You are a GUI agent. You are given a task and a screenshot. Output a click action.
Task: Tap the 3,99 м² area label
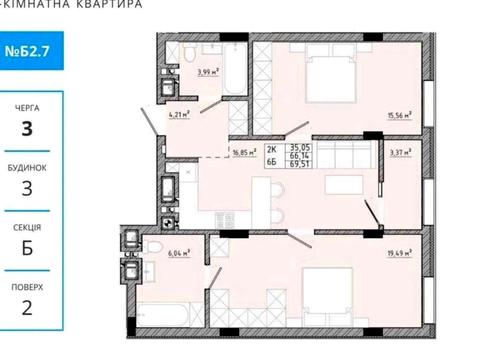pyautogui.click(x=207, y=72)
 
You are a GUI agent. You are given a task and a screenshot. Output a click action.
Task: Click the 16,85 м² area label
pyautogui.click(x=244, y=155)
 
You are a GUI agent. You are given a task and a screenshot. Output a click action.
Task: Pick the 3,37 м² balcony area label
pyautogui.click(x=400, y=154)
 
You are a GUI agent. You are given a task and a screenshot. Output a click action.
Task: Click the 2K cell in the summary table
pyautogui.click(x=271, y=144)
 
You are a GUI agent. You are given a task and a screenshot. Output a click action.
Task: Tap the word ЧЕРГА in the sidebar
pyautogui.click(x=28, y=103)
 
